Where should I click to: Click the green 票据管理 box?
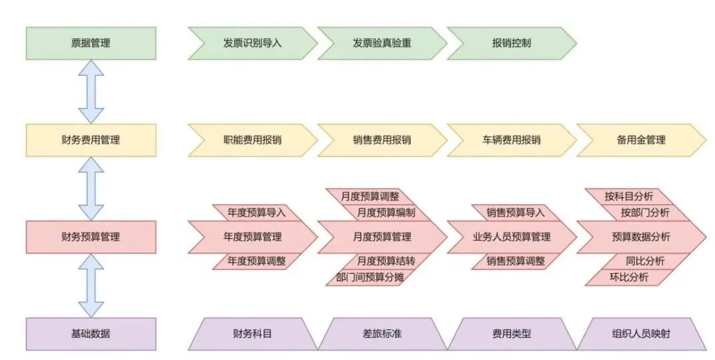(x=91, y=43)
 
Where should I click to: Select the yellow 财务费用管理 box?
(x=91, y=140)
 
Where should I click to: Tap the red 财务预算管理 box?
(x=91, y=237)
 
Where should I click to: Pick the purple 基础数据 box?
(x=91, y=333)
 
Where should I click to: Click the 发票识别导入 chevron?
(x=252, y=43)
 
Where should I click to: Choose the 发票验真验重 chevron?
(x=382, y=43)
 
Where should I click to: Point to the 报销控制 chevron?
(x=511, y=43)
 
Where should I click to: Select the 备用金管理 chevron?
(x=640, y=140)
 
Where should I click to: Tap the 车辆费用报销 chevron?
(x=511, y=140)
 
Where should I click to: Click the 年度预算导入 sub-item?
(x=256, y=213)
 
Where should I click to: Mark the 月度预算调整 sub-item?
(x=370, y=196)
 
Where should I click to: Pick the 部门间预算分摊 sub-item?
(x=365, y=277)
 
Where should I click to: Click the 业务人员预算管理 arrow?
(x=511, y=237)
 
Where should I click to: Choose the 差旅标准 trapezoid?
(x=382, y=333)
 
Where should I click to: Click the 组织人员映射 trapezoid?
(x=640, y=333)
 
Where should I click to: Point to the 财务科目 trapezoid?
(x=252, y=333)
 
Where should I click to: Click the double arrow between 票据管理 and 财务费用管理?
(x=91, y=91)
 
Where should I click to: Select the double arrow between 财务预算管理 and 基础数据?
(x=91, y=285)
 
